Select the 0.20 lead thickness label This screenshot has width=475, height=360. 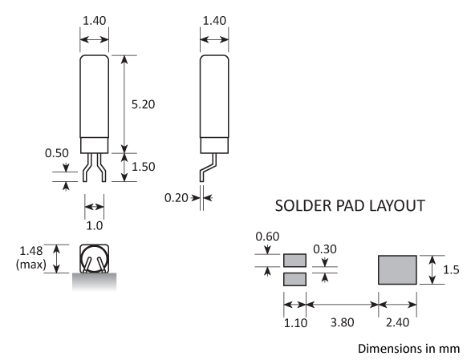[x=176, y=196]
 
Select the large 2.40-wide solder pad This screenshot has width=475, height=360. [x=397, y=269]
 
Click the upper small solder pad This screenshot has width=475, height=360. [x=295, y=261]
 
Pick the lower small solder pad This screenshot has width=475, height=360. [x=295, y=279]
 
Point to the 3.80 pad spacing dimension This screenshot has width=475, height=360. [x=343, y=324]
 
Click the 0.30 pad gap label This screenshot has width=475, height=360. [x=325, y=249]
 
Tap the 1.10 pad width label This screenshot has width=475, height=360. [x=295, y=324]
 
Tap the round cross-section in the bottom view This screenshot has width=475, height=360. [x=95, y=260]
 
